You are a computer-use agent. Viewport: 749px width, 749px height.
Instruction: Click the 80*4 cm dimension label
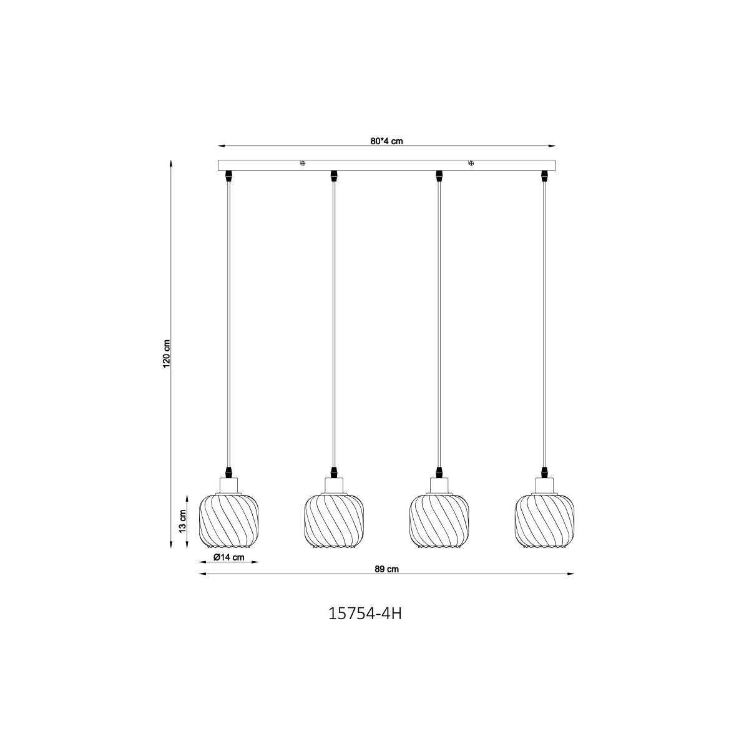click(x=386, y=141)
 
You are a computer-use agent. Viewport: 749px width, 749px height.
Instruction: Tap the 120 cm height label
click(x=167, y=354)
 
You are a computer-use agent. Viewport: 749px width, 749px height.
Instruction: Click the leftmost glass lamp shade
click(x=228, y=521)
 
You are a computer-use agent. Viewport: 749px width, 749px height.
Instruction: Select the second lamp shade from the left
click(x=334, y=521)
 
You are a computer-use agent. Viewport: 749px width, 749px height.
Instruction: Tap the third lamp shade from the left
click(x=439, y=521)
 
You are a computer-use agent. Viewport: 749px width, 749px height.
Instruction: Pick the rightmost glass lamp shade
click(x=544, y=521)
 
